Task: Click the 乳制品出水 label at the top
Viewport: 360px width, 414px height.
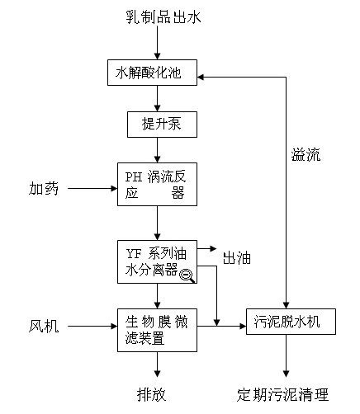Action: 163,16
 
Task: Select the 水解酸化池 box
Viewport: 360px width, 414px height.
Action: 152,73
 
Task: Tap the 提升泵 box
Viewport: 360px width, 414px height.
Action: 162,125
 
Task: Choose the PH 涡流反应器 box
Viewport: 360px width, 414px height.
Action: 157,184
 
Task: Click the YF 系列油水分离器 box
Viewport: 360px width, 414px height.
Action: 157,261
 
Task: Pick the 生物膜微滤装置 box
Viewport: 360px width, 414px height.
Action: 157,330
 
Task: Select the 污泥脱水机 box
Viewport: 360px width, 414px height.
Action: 291,322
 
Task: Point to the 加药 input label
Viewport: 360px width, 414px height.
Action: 44,189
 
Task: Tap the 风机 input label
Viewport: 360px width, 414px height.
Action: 44,327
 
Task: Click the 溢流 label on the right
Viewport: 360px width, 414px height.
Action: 306,154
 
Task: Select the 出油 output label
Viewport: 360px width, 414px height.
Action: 237,258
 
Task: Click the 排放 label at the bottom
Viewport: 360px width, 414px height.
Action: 152,395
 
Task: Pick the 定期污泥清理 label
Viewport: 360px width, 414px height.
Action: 282,395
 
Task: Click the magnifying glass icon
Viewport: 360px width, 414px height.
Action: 187,275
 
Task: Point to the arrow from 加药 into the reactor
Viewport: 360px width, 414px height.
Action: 92,189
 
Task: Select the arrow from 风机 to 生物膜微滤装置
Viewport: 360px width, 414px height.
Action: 92,327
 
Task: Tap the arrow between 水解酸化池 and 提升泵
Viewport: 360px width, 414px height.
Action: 157,98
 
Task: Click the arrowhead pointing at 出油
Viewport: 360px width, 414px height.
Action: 213,249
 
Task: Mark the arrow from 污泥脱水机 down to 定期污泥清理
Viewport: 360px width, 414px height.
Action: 286,355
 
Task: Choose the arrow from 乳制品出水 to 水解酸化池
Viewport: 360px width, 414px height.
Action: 157,43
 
